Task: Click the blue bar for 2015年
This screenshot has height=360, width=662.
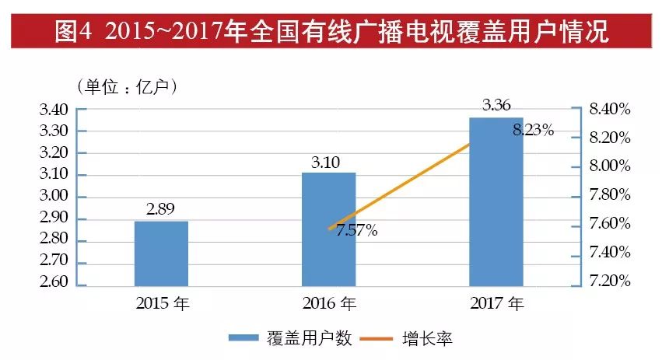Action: (x=161, y=254)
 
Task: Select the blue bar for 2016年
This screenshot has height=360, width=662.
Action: (x=329, y=229)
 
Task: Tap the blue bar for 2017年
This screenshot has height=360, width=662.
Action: (x=496, y=202)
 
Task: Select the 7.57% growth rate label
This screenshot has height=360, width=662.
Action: (x=356, y=230)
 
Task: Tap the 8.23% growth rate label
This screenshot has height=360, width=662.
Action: (x=533, y=131)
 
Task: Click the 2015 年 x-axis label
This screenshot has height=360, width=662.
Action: (x=162, y=302)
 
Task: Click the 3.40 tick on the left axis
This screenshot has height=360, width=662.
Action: (x=54, y=109)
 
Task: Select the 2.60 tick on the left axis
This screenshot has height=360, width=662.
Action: (x=54, y=281)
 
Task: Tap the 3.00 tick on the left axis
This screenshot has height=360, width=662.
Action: (x=54, y=196)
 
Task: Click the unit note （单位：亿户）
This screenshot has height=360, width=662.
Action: (x=128, y=86)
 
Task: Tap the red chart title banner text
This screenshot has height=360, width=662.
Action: (x=331, y=31)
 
